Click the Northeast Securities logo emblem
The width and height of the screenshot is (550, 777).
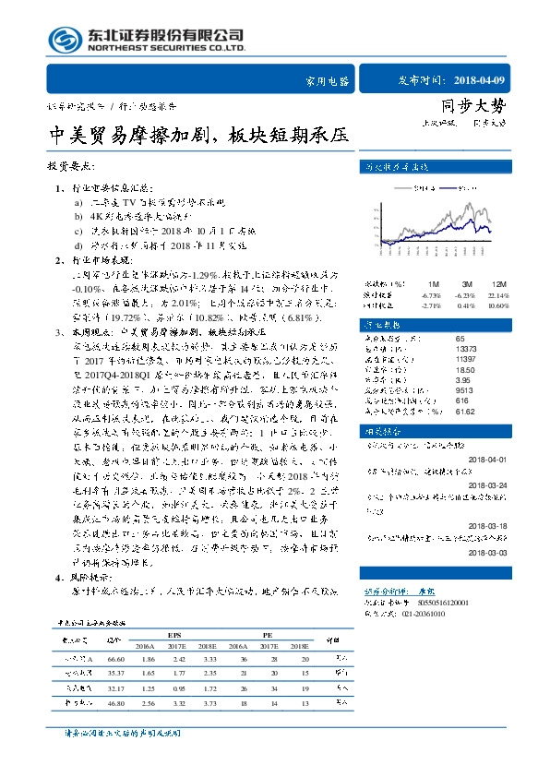(x=62, y=40)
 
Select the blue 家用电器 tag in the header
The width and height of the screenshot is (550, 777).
(x=328, y=80)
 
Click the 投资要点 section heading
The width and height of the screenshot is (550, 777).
(x=70, y=167)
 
